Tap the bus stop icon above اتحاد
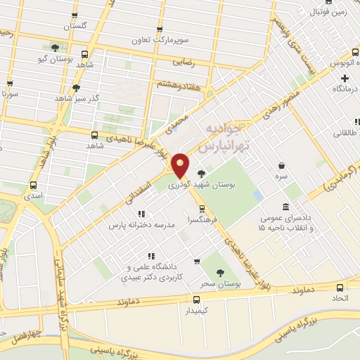pyautogui.click(x=340, y=287)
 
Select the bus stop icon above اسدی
pyautogui.click(x=33, y=186)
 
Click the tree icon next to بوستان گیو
pyautogui.click(x=55, y=48)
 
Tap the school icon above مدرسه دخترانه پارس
pyautogui.click(x=141, y=214)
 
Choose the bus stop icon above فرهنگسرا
pyautogui.click(x=202, y=208)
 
